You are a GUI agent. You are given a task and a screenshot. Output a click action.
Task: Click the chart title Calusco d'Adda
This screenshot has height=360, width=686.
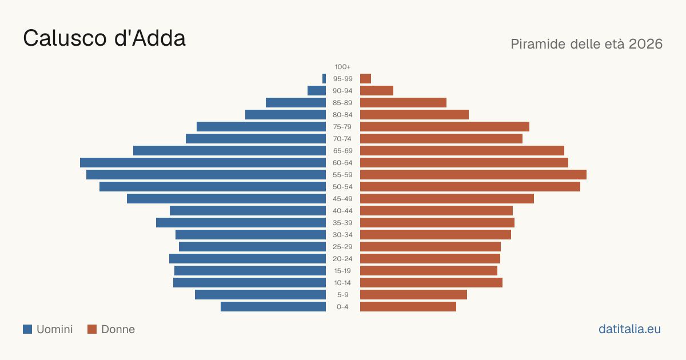click(x=104, y=38)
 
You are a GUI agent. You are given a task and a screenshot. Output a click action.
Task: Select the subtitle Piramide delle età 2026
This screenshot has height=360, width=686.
click(x=587, y=44)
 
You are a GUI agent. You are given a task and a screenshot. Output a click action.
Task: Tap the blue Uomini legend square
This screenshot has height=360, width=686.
click(x=27, y=329)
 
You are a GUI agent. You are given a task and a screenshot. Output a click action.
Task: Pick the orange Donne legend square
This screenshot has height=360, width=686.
click(x=92, y=329)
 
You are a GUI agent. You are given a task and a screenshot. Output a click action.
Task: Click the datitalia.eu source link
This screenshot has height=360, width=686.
click(x=629, y=329)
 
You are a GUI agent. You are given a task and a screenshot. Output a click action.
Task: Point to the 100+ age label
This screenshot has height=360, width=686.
click(x=342, y=67)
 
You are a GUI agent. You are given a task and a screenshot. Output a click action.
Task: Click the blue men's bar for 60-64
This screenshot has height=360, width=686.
click(x=203, y=162)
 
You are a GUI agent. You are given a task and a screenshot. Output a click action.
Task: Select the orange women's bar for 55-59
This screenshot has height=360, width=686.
click(x=473, y=174)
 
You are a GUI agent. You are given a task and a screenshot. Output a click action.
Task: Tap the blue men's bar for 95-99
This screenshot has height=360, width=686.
click(x=324, y=79)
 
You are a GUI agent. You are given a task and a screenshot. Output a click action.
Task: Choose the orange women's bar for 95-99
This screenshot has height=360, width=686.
click(x=365, y=79)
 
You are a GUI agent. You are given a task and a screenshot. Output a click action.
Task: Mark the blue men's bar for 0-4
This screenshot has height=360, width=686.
click(x=273, y=306)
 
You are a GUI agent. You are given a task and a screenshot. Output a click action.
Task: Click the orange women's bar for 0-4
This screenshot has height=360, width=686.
click(x=408, y=306)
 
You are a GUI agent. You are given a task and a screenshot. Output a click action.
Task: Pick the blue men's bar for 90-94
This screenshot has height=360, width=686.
click(x=317, y=91)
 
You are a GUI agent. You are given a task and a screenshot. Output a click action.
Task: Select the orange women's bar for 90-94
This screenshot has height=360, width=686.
click(x=377, y=91)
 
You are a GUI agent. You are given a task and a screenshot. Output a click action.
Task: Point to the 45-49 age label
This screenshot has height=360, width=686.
click(x=342, y=199)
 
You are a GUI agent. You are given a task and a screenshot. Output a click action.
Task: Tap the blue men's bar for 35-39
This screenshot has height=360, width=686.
click(x=241, y=222)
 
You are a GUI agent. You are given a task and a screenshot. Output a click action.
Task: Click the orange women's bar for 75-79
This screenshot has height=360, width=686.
click(x=445, y=126)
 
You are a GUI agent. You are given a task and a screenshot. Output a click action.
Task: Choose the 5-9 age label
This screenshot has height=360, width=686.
click(x=342, y=295)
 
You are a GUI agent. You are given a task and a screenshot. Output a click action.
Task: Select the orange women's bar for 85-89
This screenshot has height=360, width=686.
click(x=403, y=102)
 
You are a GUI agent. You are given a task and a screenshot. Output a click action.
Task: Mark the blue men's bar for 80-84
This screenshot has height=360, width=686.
click(x=285, y=114)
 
